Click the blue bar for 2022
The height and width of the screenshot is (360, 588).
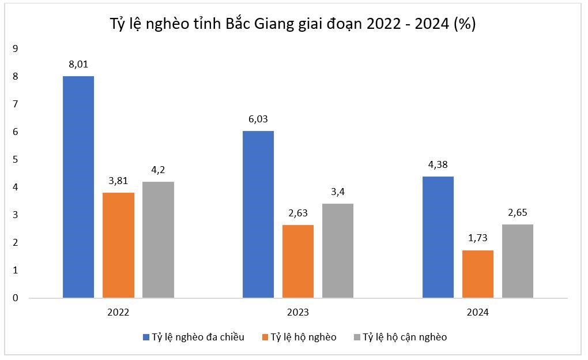coord(78,187)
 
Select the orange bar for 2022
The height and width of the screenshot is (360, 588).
coord(118,245)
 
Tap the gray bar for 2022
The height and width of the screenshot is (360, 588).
coord(158,239)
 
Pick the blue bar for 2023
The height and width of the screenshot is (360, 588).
coord(258,214)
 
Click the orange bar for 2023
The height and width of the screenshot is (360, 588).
coord(298,261)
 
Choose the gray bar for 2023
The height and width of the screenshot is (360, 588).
coord(338,250)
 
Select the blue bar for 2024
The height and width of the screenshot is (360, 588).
coord(438,237)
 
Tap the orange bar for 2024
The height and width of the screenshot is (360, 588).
coord(478,274)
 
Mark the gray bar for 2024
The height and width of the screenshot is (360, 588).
coord(518,261)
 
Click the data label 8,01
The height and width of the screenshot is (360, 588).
coord(78,64)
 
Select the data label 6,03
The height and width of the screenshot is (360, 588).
coord(258,119)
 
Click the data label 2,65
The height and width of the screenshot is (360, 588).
coord(518,212)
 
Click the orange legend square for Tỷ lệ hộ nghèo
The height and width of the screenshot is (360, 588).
coord(264,337)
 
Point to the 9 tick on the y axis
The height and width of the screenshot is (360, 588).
coord(16,48)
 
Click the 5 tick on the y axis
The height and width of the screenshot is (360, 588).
coord(16,159)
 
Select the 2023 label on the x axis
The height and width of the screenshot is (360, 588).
coord(298,312)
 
